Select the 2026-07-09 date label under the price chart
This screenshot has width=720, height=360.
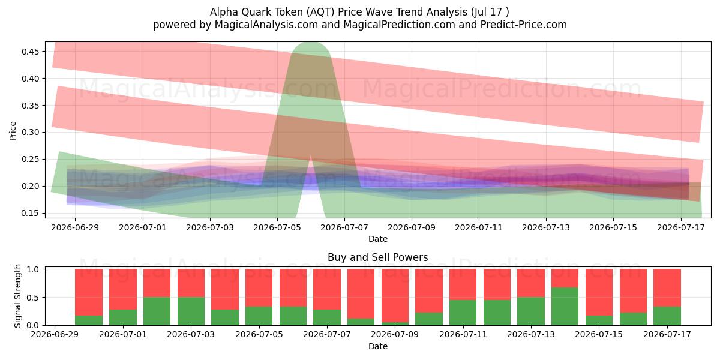[x=412, y=228]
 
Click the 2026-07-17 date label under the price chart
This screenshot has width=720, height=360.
[x=681, y=228]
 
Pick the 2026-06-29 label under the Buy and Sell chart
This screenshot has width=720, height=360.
[x=55, y=335]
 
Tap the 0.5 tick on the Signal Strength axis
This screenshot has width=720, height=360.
[x=33, y=298]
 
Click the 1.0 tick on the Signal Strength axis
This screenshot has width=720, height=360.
[x=33, y=269]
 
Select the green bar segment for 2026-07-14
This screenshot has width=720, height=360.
[x=565, y=307]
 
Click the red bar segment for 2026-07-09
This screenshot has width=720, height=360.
[x=395, y=295]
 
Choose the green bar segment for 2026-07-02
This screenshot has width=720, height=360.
[x=157, y=311]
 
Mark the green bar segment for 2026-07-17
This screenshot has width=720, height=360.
[x=667, y=316]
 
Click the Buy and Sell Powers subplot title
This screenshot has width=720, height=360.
[x=377, y=257]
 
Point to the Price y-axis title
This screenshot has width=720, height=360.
[x=13, y=131]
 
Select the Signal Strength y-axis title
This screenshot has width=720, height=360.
[x=17, y=296]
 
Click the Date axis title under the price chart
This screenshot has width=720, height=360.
[x=378, y=239]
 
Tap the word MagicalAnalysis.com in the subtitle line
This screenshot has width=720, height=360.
[x=266, y=25]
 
